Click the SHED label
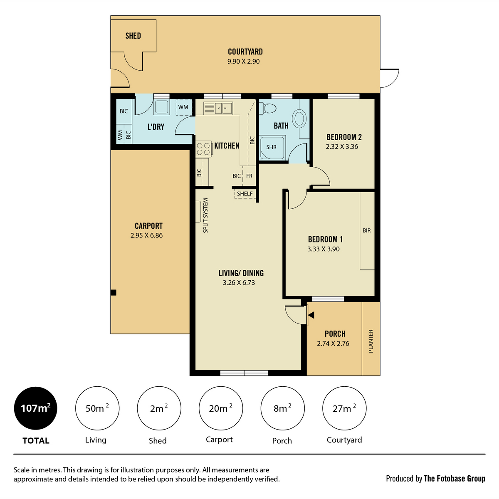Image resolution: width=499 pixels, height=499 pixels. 133,36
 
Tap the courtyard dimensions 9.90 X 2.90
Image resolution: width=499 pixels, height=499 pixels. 243,62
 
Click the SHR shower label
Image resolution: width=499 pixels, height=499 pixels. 271,147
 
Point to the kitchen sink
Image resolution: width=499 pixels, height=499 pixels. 218,108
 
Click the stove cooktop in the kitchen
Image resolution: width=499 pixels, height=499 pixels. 203,149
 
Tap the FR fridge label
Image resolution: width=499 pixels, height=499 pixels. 249,176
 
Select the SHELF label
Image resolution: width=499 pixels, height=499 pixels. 245,194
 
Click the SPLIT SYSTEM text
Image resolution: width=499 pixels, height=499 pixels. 205,215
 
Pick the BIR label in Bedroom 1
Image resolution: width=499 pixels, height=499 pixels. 367,230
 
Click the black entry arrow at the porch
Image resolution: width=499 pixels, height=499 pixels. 311,315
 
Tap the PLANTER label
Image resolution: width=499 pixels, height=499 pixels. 371,341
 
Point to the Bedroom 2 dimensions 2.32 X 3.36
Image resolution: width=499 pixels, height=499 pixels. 342,146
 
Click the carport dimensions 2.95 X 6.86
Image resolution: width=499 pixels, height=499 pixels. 146,235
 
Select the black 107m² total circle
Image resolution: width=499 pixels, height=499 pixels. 36,408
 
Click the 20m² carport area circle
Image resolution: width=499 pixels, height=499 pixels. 221,408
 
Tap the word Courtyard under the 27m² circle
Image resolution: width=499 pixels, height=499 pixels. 344,440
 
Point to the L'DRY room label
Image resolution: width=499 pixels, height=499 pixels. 156,127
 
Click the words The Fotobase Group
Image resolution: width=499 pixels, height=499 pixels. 455,479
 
